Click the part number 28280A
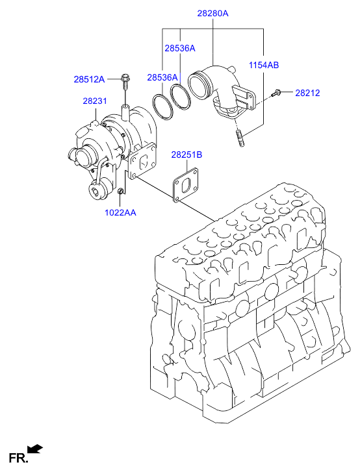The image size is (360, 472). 213,13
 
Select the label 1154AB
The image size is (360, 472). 263,65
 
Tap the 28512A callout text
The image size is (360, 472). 89,79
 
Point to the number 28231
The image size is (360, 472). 94,101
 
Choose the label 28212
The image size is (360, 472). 307,93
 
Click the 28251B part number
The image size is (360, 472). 186,155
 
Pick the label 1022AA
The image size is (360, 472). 120,212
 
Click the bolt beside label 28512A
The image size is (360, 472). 124,82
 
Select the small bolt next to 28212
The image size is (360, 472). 277,95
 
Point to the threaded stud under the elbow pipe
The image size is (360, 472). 240,138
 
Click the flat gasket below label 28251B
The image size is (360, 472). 186,184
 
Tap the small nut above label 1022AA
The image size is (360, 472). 122,192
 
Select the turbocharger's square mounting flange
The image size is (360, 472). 140,161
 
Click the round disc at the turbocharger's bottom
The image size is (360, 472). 98,190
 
